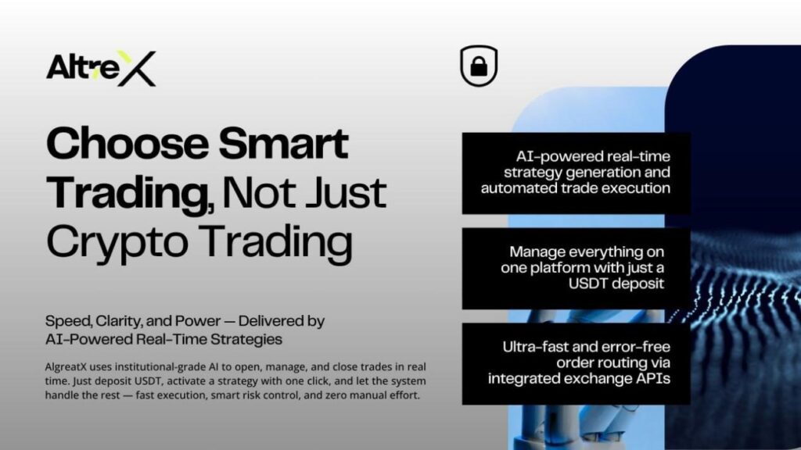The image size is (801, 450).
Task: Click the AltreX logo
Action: point(101,69)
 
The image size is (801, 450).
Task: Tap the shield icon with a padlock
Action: point(479,66)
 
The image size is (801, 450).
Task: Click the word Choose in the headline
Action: point(128,144)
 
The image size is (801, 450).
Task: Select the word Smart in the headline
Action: point(284,144)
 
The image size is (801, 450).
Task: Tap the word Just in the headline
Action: point(346,193)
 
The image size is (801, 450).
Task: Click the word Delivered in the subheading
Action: point(271,321)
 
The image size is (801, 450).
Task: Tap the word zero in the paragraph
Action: point(337,395)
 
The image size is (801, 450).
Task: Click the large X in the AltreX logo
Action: point(137,69)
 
